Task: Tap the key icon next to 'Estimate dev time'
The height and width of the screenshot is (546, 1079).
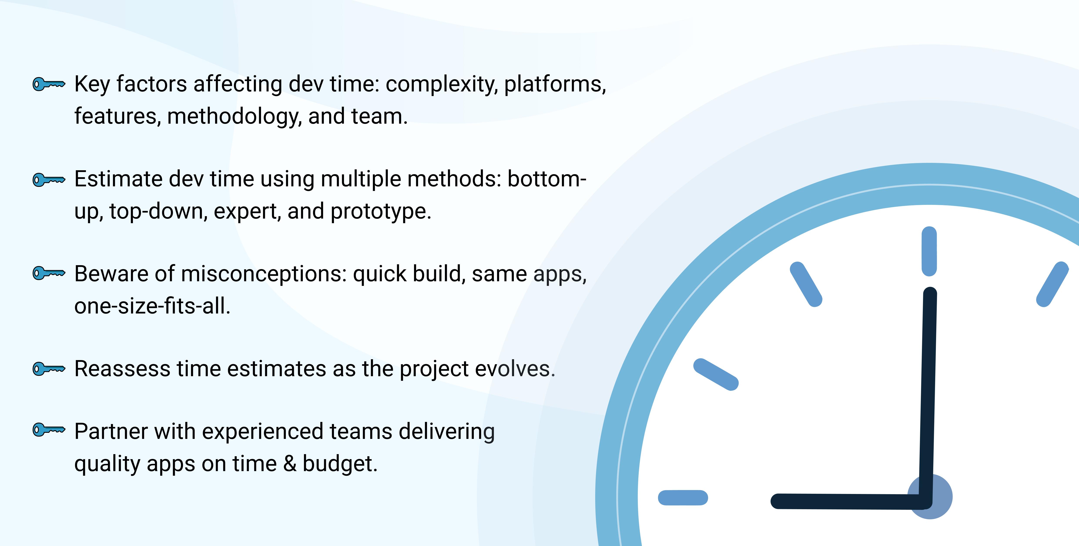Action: click(x=49, y=180)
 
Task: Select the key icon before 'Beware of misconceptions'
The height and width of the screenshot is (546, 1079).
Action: click(x=49, y=273)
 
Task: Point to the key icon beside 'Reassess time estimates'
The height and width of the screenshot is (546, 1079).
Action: click(x=49, y=369)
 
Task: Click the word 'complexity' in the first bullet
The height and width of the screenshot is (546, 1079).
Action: click(x=441, y=85)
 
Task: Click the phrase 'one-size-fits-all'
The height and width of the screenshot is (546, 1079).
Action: click(x=150, y=306)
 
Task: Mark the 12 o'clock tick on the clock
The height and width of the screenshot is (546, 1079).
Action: click(x=929, y=251)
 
